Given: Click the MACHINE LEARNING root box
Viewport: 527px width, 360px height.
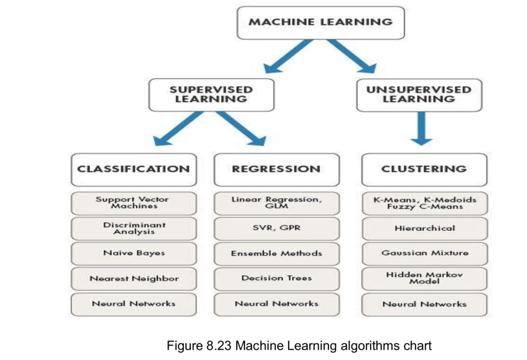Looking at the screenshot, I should pyautogui.click(x=320, y=22).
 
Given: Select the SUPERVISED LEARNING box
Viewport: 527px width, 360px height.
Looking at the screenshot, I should pyautogui.click(x=212, y=95).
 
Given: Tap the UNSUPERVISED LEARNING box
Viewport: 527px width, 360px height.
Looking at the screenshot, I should pyautogui.click(x=419, y=95).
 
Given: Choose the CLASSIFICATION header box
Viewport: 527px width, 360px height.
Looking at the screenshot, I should pyautogui.click(x=133, y=169).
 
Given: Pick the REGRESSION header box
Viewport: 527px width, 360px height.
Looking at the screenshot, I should pyautogui.click(x=276, y=169).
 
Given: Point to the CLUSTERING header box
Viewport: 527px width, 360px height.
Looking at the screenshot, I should pyautogui.click(x=424, y=169).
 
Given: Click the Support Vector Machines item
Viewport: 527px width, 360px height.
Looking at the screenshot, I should pyautogui.click(x=133, y=203).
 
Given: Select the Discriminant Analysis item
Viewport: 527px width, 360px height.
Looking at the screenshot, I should pyautogui.click(x=133, y=228).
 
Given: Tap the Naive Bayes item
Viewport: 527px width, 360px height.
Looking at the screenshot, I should pyautogui.click(x=133, y=254).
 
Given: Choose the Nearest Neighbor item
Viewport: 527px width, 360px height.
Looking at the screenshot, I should pyautogui.click(x=133, y=279).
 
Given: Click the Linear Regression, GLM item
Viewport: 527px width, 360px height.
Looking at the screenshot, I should pyautogui.click(x=276, y=203).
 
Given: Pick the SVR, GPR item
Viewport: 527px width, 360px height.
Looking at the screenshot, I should pyautogui.click(x=276, y=228).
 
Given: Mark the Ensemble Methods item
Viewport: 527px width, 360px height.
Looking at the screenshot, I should pyautogui.click(x=276, y=254).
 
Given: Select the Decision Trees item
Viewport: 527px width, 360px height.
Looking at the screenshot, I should pyautogui.click(x=276, y=279).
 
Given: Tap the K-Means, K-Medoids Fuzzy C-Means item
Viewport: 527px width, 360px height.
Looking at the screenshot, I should pyautogui.click(x=424, y=203).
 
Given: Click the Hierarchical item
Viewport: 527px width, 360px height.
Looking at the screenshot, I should pyautogui.click(x=424, y=228).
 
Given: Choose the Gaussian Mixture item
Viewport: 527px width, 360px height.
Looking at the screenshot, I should pyautogui.click(x=424, y=254).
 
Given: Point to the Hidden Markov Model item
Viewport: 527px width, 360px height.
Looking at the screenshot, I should pyautogui.click(x=424, y=278).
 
